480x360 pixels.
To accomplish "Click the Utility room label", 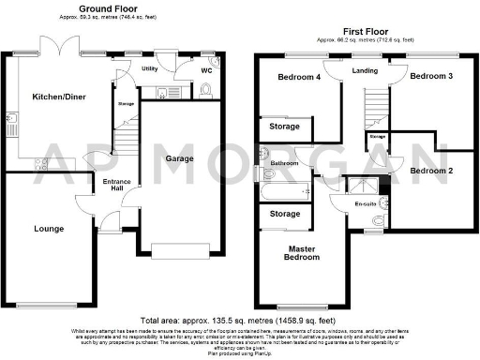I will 149,68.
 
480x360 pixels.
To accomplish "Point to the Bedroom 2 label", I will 430,172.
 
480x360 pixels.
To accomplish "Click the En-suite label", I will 365,203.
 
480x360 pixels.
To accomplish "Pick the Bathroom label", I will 284,163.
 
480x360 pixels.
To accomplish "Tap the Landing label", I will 365,70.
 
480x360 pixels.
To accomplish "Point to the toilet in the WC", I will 206,89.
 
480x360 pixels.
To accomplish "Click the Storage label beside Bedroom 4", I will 284,126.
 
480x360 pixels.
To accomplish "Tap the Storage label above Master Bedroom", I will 284,215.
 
